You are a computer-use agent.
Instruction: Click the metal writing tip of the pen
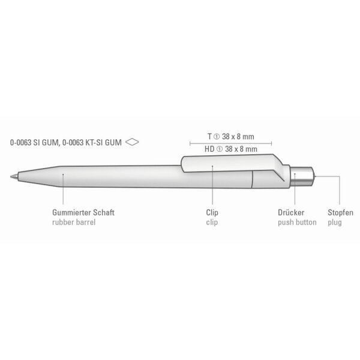[14, 176]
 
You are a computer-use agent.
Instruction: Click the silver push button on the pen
[301, 176]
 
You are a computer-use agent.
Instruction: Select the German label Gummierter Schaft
[83, 212]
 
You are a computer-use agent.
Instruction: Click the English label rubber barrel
[74, 222]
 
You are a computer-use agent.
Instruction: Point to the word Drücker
[291, 212]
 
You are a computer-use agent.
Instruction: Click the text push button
[297, 222]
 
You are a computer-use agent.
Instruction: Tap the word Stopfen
[340, 212]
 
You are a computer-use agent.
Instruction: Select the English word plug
[335, 223]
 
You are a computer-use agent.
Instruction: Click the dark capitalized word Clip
[212, 212]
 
